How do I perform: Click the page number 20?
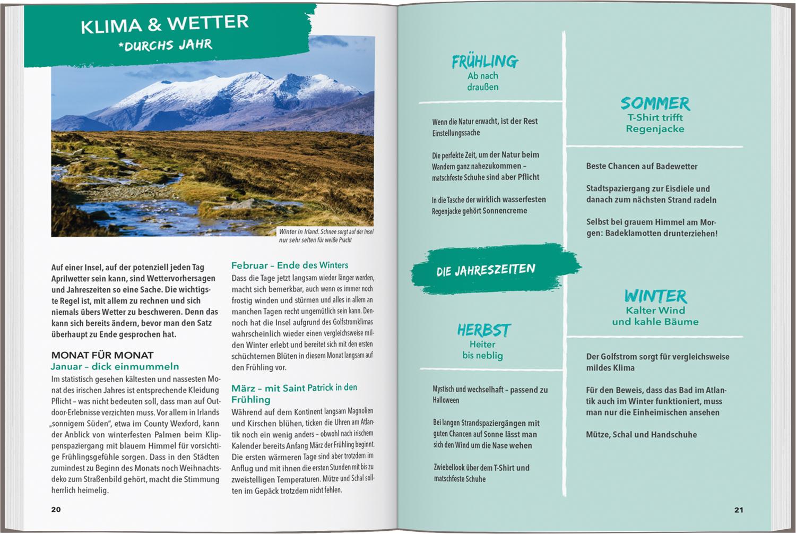pyautogui.click(x=56, y=510)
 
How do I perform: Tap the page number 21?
pyautogui.click(x=739, y=510)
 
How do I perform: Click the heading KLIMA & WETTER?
pyautogui.click(x=165, y=24)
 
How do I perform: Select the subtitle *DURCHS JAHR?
pyautogui.click(x=165, y=45)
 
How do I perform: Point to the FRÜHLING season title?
pyautogui.click(x=484, y=62)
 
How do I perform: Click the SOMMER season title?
pyautogui.click(x=655, y=103)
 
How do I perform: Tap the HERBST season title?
pyautogui.click(x=483, y=330)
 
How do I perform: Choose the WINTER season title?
pyautogui.click(x=655, y=296)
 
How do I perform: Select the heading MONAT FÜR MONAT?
pyautogui.click(x=102, y=355)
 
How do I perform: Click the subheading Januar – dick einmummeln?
pyautogui.click(x=115, y=367)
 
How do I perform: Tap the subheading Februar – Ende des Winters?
pyautogui.click(x=290, y=265)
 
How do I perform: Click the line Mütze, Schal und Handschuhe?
pyautogui.click(x=641, y=434)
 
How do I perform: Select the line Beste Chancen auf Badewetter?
pyautogui.click(x=642, y=166)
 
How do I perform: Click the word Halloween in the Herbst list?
pyautogui.click(x=446, y=400)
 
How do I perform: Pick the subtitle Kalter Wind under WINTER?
pyautogui.click(x=655, y=310)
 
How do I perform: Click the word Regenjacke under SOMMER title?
pyautogui.click(x=655, y=129)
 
